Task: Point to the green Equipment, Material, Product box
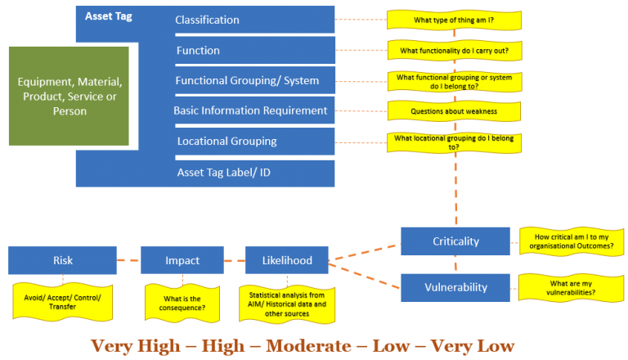click(70, 97)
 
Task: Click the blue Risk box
click(63, 260)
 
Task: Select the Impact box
click(182, 260)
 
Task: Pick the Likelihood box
click(286, 260)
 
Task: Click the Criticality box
click(455, 241)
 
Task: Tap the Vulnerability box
click(455, 287)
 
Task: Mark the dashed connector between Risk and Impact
click(129, 261)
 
